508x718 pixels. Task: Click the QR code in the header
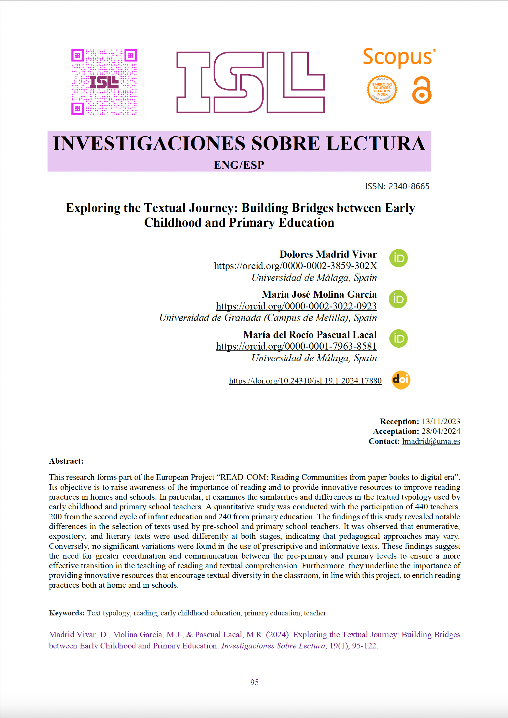click(104, 82)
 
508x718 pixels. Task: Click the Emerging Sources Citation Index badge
click(382, 89)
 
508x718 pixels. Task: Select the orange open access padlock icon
click(422, 90)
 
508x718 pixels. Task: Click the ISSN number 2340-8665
click(409, 186)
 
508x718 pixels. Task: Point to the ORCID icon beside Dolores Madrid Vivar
click(398, 258)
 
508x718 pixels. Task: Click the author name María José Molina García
click(319, 294)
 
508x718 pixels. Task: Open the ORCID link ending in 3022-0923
click(296, 306)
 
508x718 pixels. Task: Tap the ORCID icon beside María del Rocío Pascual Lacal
click(398, 339)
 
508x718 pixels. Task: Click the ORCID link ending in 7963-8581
click(296, 346)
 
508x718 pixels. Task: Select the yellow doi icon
click(401, 380)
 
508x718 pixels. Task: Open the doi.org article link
click(305, 381)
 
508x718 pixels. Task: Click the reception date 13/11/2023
click(441, 421)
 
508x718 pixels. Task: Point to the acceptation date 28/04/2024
click(441, 431)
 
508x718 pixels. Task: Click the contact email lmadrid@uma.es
click(431, 441)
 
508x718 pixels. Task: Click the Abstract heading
click(66, 461)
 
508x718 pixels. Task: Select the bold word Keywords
click(67, 613)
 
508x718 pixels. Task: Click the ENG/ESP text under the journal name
click(239, 165)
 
